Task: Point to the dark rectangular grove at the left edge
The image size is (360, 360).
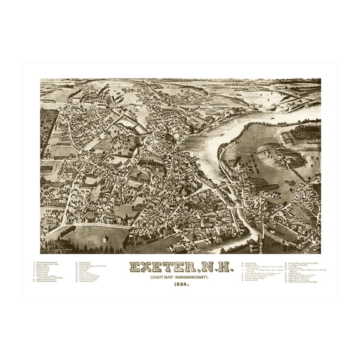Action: click(x=47, y=125)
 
